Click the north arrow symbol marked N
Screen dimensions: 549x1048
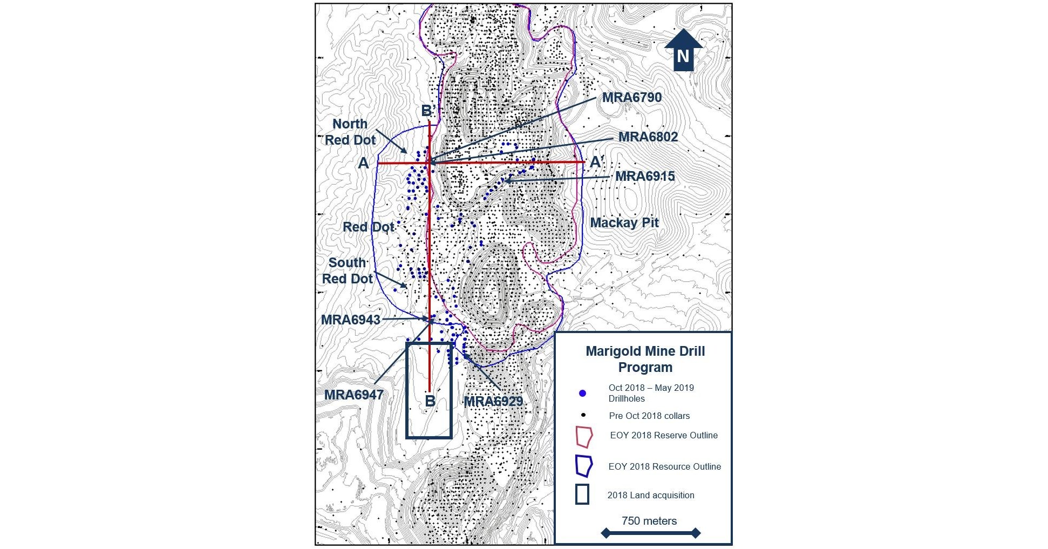683,51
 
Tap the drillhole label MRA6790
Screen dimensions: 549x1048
631,98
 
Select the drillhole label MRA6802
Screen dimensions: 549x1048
648,137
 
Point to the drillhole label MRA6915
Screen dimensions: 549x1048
645,177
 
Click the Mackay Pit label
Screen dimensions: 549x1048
624,223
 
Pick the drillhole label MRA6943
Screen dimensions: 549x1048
351,320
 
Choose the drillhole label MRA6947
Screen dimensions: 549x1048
353,395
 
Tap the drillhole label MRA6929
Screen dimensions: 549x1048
493,402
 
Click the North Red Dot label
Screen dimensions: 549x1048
350,132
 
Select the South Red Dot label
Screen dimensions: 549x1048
348,271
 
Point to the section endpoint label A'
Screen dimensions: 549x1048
596,162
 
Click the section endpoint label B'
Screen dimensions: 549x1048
428,111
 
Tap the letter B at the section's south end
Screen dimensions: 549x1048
430,401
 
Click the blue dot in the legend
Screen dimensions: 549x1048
582,393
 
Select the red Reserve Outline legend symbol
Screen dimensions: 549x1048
584,436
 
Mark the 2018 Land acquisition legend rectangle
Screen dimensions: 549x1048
582,494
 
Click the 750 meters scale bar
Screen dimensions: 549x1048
650,533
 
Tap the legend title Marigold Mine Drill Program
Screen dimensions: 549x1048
645,360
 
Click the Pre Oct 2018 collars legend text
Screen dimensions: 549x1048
649,416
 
